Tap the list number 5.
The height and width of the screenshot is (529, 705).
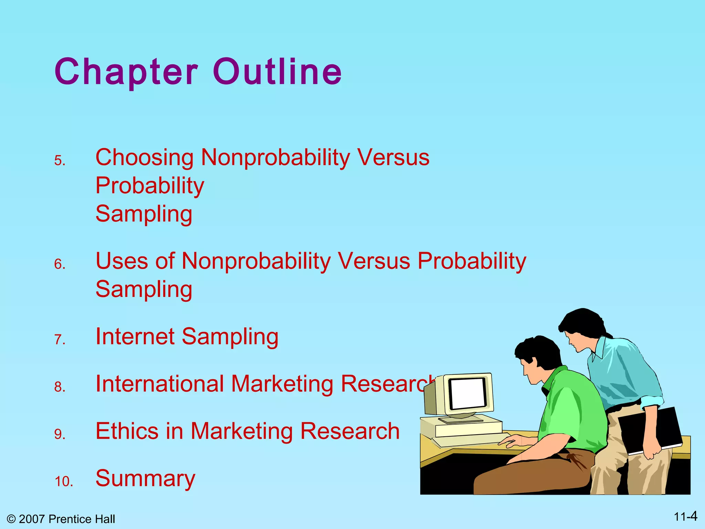point(60,161)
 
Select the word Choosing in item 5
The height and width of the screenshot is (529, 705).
point(145,158)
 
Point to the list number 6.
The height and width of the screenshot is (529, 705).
point(60,264)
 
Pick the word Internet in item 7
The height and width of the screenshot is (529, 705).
point(135,336)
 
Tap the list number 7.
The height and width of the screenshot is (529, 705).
point(60,340)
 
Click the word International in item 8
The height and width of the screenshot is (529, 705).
point(160,384)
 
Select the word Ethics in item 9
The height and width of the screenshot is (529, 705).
point(127,431)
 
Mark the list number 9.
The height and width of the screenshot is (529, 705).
point(60,434)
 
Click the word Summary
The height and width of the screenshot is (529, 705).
point(145,478)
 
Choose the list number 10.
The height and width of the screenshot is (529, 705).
point(64,481)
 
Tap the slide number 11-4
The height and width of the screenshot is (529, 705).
point(685,517)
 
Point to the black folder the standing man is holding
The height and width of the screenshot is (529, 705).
point(649,431)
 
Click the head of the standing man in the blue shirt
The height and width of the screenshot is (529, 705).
point(582,327)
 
